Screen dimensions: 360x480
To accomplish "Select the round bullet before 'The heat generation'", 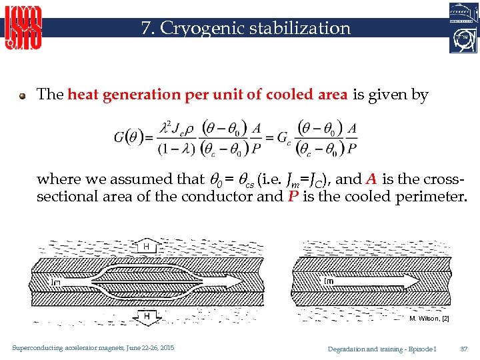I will click(23, 95).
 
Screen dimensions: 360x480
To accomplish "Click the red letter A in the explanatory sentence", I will click(371, 179).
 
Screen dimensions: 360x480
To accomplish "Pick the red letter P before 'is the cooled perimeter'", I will click(292, 196).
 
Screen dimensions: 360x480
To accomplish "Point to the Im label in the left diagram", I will click(56, 282).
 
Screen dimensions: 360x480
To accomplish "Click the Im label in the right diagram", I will click(329, 281).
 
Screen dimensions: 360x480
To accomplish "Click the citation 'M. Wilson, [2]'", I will click(429, 319).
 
